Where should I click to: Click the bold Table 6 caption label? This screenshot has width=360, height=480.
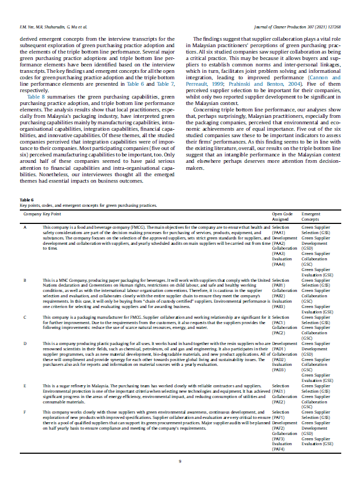[27, 199]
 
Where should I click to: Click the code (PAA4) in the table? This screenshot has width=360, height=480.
[279, 264]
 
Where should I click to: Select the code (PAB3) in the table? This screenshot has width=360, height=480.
[279, 306]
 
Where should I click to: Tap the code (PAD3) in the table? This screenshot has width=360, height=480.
[279, 370]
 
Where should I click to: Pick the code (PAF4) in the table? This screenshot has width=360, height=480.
[279, 449]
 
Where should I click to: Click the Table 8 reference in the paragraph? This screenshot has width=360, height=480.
[36, 96]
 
